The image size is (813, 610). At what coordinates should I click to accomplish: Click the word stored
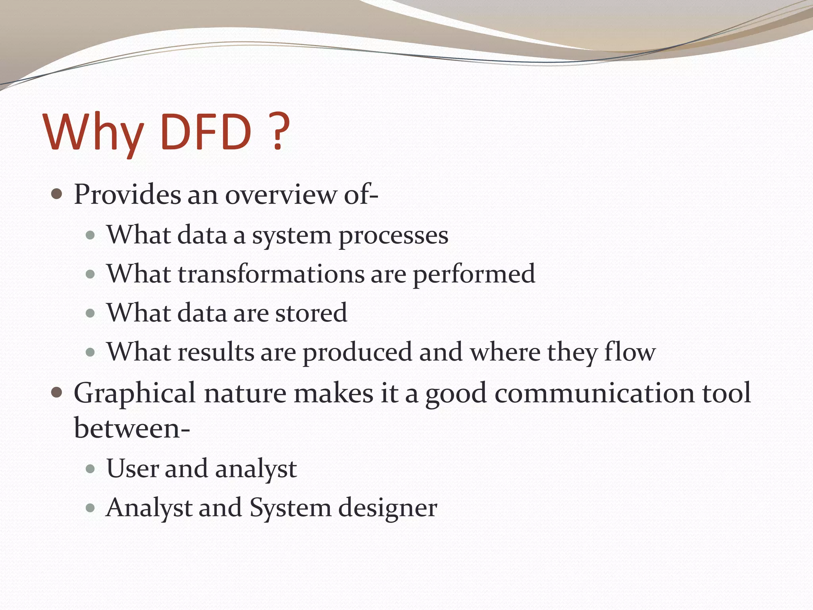pos(311,313)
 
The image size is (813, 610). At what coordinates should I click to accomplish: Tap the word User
pos(133,469)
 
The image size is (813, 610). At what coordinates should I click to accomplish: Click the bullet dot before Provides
pos(57,194)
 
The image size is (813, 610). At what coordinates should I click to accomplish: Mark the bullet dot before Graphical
pos(57,392)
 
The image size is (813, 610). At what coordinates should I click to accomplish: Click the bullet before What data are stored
pos(91,313)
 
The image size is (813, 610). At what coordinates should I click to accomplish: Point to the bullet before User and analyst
pos(91,469)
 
